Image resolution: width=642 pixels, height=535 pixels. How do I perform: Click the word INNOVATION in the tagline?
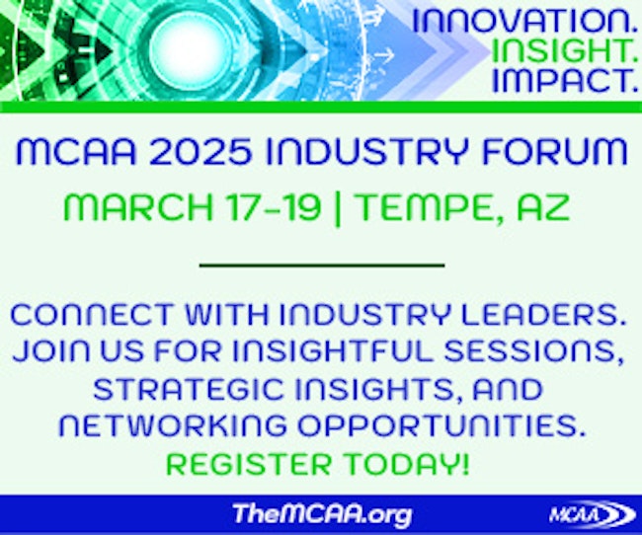coord(523,21)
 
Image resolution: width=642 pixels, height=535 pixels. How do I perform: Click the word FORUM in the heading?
coord(554,151)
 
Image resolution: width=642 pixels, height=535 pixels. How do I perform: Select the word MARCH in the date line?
coord(138,207)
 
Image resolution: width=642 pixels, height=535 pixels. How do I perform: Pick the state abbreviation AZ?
coord(543,207)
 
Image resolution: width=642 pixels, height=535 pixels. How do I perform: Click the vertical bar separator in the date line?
coord(338,208)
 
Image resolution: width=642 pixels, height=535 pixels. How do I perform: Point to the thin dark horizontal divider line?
coord(322,266)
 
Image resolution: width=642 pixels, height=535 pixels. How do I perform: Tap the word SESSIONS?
coord(534,351)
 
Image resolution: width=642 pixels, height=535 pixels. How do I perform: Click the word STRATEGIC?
coord(188,389)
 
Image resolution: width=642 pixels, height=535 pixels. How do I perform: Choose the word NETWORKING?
coord(173,425)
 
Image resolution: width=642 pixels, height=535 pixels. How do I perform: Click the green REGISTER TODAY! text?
coord(318,464)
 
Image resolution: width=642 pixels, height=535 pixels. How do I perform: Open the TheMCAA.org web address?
coord(322,513)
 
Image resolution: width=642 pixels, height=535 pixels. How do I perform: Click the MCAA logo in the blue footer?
coord(592,513)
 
